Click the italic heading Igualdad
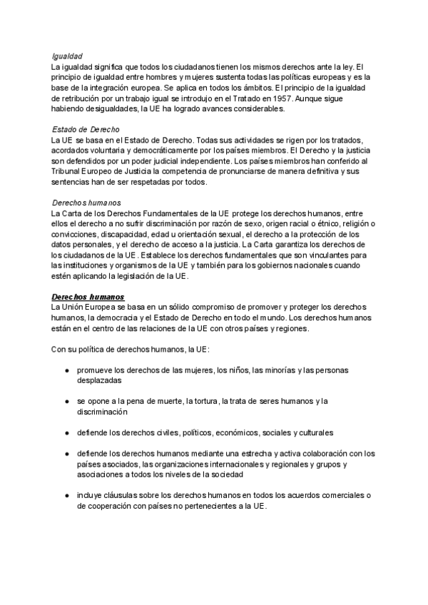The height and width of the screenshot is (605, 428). point(68,56)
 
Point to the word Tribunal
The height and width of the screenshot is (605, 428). point(66,172)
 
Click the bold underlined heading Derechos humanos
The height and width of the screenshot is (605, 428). point(88,295)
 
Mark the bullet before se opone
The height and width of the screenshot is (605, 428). point(67,402)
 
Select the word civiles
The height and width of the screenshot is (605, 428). point(159,433)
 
